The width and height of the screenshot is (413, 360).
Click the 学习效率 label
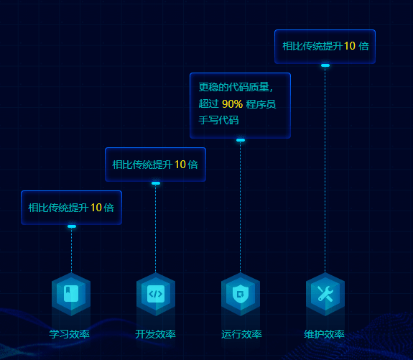(69, 334)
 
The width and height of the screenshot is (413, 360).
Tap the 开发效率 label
(155, 334)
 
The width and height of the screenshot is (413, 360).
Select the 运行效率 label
(241, 334)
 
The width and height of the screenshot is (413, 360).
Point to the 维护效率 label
(324, 334)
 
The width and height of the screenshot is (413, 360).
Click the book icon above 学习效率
(71, 293)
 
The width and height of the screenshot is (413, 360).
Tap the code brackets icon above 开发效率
(156, 294)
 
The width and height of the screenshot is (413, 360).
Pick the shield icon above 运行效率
(241, 294)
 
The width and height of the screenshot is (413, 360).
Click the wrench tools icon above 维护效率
(325, 294)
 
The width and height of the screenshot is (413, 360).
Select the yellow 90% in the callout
(232, 104)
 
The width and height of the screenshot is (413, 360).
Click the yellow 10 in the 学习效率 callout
(96, 208)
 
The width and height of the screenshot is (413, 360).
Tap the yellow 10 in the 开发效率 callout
(180, 165)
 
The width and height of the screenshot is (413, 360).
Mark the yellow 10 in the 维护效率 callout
(350, 46)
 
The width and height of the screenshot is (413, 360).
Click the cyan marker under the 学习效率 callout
(72, 226)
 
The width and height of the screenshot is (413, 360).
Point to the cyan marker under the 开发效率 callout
(156, 183)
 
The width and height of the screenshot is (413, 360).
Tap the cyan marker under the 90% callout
(241, 140)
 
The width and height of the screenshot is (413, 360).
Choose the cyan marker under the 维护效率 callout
(325, 65)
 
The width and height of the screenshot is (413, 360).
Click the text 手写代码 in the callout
(218, 120)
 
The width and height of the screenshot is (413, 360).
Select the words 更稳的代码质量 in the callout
(234, 87)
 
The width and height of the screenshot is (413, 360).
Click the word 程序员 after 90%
(261, 104)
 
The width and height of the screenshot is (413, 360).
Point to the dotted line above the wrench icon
(325, 170)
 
